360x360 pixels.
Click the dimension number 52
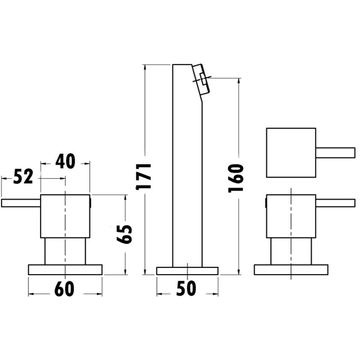[x=23, y=176]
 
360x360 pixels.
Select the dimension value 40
[x=65, y=161]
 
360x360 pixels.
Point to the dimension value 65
[x=125, y=234]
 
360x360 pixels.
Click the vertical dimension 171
[x=144, y=176]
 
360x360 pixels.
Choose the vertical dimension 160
[x=236, y=178]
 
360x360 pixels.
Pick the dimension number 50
[x=186, y=288]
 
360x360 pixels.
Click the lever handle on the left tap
[x=21, y=203]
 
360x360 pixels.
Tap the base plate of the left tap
[x=65, y=270]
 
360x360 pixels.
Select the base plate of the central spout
[x=187, y=271]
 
